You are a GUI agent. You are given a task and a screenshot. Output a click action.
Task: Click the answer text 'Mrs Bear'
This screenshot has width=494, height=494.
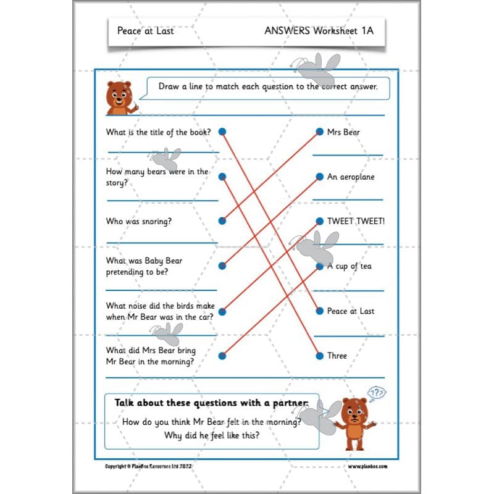[x=343, y=132]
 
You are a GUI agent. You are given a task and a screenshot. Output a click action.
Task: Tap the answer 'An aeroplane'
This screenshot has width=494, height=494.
[x=351, y=177]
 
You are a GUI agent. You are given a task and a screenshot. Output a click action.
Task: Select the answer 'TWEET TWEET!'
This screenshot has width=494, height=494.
[x=356, y=221]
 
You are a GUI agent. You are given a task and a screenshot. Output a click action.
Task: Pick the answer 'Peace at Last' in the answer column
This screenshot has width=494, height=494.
[x=351, y=311]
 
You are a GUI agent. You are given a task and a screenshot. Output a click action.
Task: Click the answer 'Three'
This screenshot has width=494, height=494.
[x=337, y=356]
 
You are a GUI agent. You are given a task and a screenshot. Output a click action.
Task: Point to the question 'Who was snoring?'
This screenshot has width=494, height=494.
[x=139, y=221]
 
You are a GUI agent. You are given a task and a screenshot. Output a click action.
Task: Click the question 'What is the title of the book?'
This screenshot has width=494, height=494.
[x=159, y=132]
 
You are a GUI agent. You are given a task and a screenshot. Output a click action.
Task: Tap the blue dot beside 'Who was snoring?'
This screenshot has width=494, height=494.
[x=222, y=221]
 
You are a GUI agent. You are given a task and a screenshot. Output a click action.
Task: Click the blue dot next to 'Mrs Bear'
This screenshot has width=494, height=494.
[x=319, y=132]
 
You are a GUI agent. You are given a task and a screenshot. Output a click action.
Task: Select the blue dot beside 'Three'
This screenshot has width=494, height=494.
[x=319, y=356]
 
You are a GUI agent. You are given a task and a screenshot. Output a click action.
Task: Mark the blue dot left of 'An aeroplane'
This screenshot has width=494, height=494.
[x=319, y=177]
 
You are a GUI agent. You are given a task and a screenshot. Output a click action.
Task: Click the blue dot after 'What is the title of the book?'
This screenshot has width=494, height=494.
[x=222, y=132]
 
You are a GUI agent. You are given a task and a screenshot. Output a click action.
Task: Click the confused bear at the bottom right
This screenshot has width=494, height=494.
[x=354, y=423]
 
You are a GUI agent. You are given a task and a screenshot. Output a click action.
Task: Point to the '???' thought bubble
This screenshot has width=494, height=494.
[x=376, y=393]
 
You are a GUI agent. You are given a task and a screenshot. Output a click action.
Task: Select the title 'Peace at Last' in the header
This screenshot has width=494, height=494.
[x=145, y=30]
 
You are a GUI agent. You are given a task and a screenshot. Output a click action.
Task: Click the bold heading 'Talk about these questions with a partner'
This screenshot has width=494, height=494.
[x=211, y=403]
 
